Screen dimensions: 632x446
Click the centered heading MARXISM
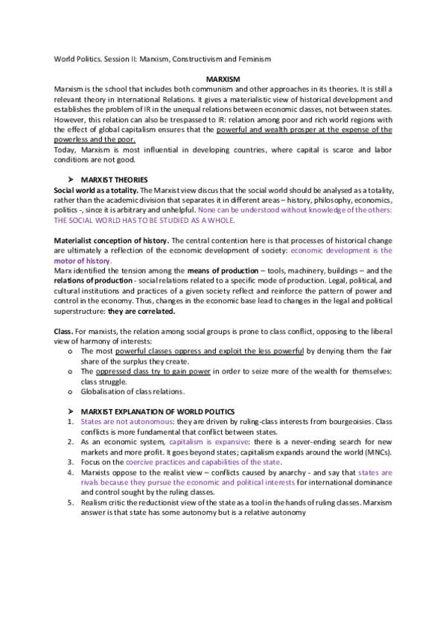point(223,78)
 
